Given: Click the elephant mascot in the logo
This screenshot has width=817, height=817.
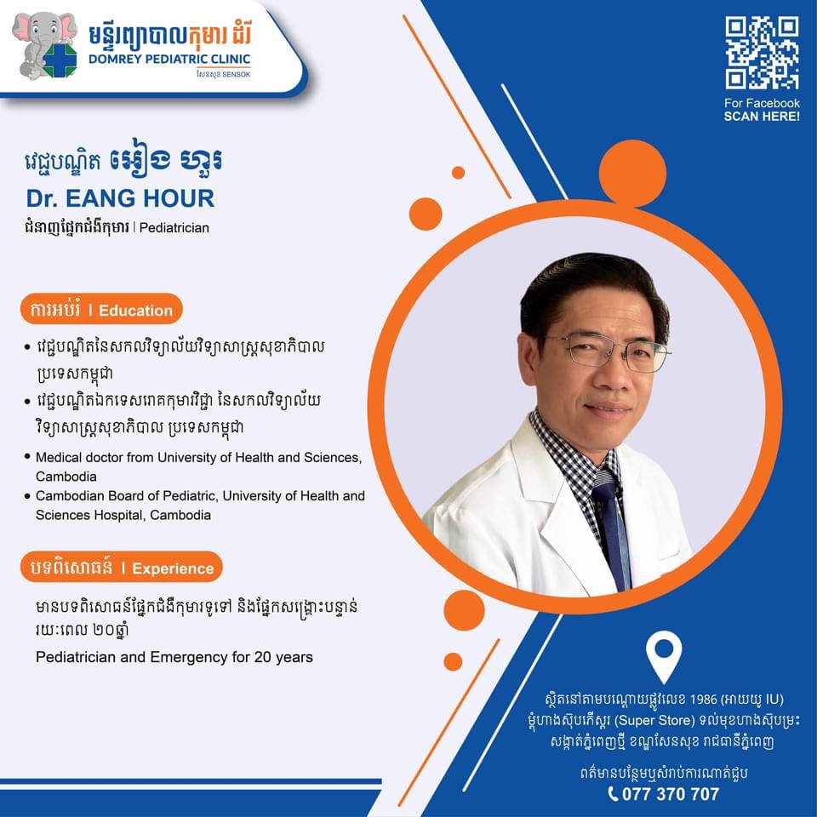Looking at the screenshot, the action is [x=44, y=46].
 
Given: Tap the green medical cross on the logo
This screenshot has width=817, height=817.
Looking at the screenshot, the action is [x=60, y=60].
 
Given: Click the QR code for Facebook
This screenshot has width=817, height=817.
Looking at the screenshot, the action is [x=762, y=53].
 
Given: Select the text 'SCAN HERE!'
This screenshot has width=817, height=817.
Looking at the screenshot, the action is [x=762, y=117].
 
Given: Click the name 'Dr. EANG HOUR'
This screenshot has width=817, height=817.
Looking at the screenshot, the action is [x=120, y=198].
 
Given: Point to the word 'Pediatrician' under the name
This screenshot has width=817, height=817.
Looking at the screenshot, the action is [x=174, y=228].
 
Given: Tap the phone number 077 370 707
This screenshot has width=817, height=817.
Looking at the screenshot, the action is [x=671, y=794].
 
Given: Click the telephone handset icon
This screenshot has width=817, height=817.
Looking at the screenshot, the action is [x=614, y=794].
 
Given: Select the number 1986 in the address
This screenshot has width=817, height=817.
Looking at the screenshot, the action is [x=704, y=700].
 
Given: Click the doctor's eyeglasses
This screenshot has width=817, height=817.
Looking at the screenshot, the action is [x=607, y=352].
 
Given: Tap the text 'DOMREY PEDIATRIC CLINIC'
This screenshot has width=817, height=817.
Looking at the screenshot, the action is [x=169, y=59].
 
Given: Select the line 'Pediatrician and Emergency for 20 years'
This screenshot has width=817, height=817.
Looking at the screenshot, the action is [x=174, y=657].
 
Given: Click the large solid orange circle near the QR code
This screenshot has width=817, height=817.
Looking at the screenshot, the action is [x=632, y=173].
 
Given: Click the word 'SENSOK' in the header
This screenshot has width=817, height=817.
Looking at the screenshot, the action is [x=237, y=75].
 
